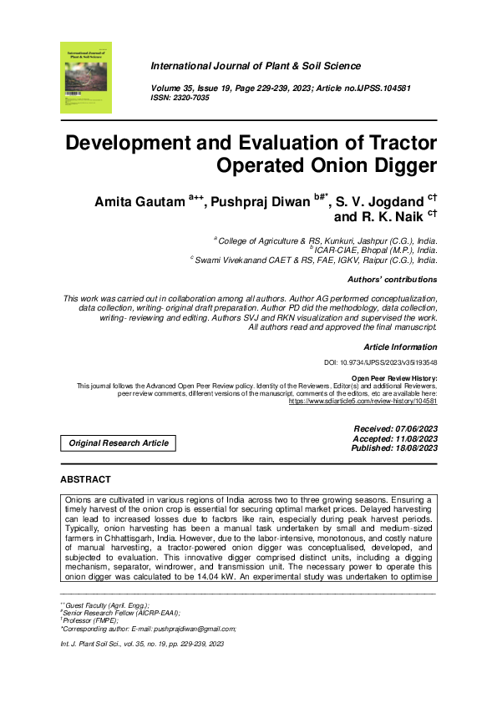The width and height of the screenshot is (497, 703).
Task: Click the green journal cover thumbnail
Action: click(x=86, y=78)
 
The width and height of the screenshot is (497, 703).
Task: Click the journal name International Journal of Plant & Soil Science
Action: click(x=256, y=66)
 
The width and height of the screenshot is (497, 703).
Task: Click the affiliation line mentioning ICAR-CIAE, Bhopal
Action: click(x=375, y=249)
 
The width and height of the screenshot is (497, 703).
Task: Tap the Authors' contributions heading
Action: click(x=392, y=280)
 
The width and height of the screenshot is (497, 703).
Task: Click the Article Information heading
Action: click(x=400, y=346)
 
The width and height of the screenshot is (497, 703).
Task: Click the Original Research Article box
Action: click(x=119, y=443)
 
